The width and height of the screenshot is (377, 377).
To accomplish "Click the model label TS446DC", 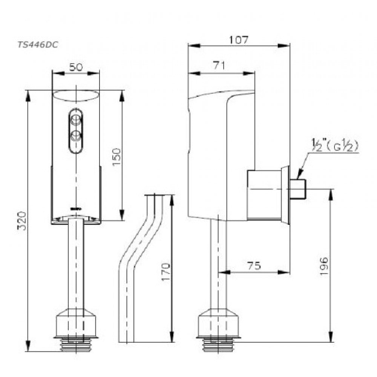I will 37,44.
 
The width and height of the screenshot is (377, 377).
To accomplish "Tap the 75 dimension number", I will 254,266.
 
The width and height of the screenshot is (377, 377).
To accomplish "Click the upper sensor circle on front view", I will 76,120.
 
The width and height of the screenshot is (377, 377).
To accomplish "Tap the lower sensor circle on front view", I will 76,135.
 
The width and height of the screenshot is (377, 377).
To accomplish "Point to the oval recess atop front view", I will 76,96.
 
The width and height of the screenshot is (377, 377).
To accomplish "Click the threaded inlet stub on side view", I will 298,189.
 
